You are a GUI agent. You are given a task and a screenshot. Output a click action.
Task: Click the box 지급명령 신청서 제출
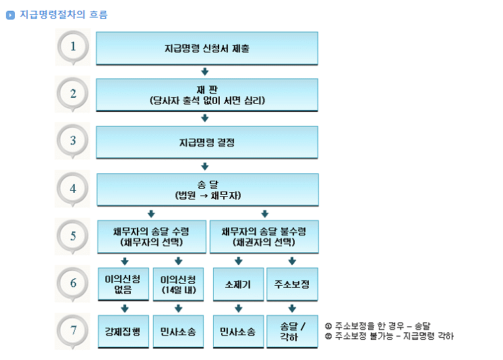pos(207,48)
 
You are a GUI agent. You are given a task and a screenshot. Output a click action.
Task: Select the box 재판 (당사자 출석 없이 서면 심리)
pos(207,94)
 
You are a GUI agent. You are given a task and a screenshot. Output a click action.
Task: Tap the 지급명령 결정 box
pos(207,142)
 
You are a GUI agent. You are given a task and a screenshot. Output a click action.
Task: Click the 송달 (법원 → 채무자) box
pos(207,189)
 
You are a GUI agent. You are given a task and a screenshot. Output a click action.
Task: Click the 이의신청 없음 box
pos(123,284)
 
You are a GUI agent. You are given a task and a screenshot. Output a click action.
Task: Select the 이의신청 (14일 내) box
pos(178,284)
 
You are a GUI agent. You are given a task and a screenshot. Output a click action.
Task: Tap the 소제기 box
pos(237,284)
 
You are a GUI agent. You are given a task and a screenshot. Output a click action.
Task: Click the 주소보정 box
pos(292,284)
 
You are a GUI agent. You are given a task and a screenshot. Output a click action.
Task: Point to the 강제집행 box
pos(123,331)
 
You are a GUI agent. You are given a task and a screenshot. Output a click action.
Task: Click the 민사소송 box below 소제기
pos(237,331)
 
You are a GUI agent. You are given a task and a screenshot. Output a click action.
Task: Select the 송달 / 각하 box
pos(292,331)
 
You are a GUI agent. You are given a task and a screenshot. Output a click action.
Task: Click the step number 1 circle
pos(73,46)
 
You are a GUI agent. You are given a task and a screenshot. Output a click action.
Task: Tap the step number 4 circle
pos(73,189)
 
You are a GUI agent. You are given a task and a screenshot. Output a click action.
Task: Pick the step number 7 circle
pos(73,330)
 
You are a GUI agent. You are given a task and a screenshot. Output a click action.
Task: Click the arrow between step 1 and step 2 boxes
pos(205,71)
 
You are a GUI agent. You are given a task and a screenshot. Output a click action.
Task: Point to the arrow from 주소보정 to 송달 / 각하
pos(292,309)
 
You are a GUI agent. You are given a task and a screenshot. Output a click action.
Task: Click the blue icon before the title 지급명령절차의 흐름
pos(10,15)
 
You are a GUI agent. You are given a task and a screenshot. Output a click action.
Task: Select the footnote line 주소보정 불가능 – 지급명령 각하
pos(389,336)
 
